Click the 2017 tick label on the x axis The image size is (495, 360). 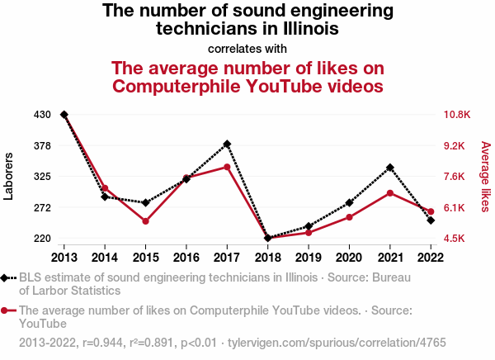click(x=227, y=256)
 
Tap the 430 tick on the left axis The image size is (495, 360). click(x=43, y=115)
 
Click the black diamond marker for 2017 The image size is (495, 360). click(x=227, y=144)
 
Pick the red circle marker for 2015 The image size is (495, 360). click(x=145, y=221)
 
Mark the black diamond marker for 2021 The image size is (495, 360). click(x=389, y=168)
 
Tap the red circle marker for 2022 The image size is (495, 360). click(x=431, y=212)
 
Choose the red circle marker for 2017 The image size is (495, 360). click(x=227, y=167)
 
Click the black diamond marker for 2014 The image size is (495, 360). click(x=105, y=197)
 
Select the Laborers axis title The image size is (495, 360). click(x=9, y=177)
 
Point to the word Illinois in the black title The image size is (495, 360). click(x=309, y=29)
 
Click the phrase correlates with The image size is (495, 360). click(x=247, y=48)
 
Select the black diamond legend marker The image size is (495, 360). click(x=7, y=278)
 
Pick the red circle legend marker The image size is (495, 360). click(x=7, y=311)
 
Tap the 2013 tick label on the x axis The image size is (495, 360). click(x=64, y=256)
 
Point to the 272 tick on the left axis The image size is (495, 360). click(x=43, y=207)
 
